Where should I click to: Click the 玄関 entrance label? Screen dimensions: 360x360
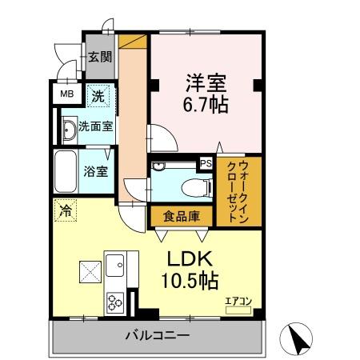(x=99, y=57)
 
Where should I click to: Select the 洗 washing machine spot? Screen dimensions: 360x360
(x=98, y=95)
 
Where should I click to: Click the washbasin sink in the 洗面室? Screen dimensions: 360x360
(x=68, y=128)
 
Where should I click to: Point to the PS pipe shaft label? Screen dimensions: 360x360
(x=206, y=164)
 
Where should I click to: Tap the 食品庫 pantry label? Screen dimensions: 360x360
(x=181, y=216)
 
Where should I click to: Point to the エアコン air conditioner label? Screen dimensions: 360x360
(x=238, y=301)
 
